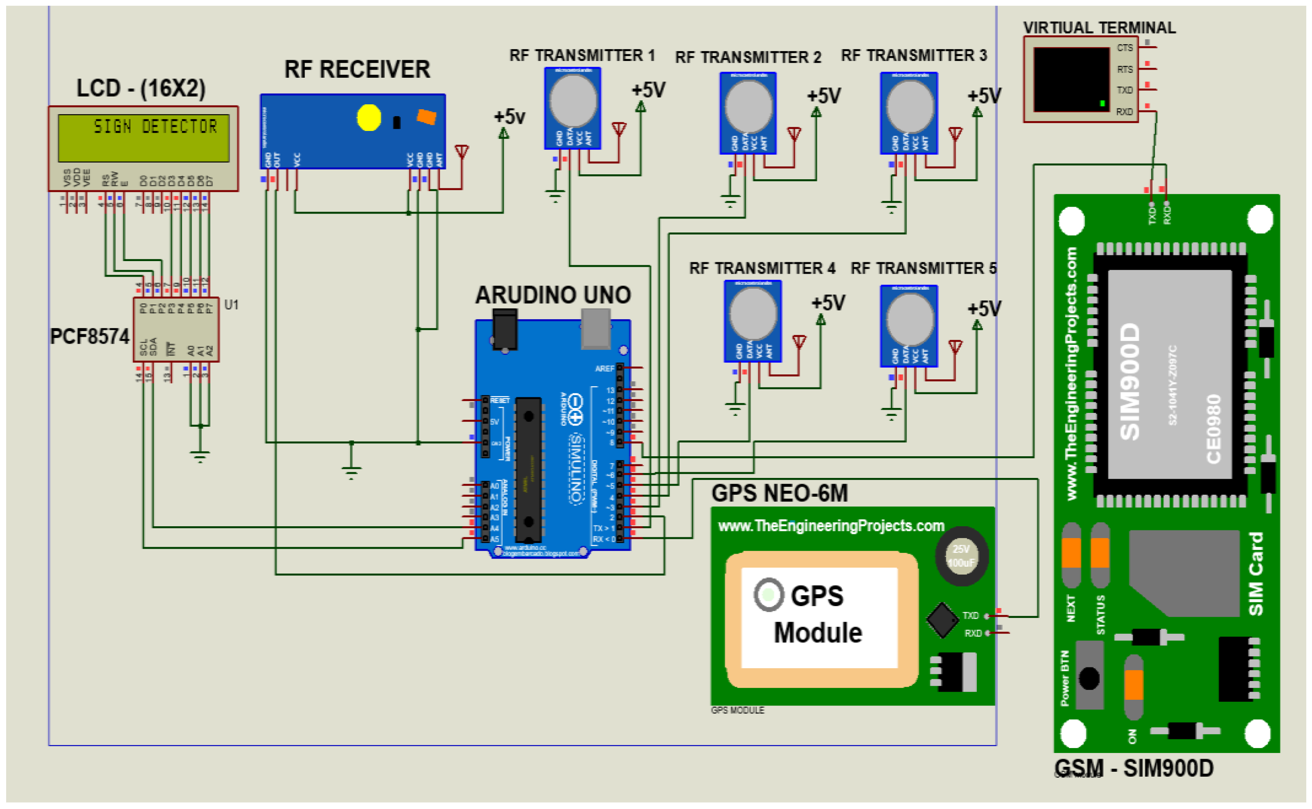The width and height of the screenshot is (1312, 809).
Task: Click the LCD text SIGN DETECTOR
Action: pyautogui.click(x=155, y=127)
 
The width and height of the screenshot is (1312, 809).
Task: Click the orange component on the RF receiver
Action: pyautogui.click(x=426, y=117)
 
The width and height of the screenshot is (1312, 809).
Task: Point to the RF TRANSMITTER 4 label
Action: pyautogui.click(x=762, y=268)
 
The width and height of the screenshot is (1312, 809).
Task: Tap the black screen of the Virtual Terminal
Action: pyautogui.click(x=1071, y=79)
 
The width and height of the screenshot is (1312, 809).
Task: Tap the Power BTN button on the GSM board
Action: pyautogui.click(x=1089, y=678)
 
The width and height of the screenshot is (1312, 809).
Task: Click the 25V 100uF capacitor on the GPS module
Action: pyautogui.click(x=961, y=556)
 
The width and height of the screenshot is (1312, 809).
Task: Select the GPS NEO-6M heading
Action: pyautogui.click(x=779, y=493)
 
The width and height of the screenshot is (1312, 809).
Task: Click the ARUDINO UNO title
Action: pyautogui.click(x=553, y=295)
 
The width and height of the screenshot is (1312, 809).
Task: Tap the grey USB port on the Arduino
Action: pyautogui.click(x=595, y=327)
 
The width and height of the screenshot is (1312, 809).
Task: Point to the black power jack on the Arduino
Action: pyautogui.click(x=504, y=329)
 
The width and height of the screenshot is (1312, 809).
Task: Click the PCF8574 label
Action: pyautogui.click(x=89, y=336)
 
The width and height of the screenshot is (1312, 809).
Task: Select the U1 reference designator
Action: pyautogui.click(x=231, y=305)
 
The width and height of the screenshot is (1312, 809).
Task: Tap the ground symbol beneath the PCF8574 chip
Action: pyautogui.click(x=200, y=456)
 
